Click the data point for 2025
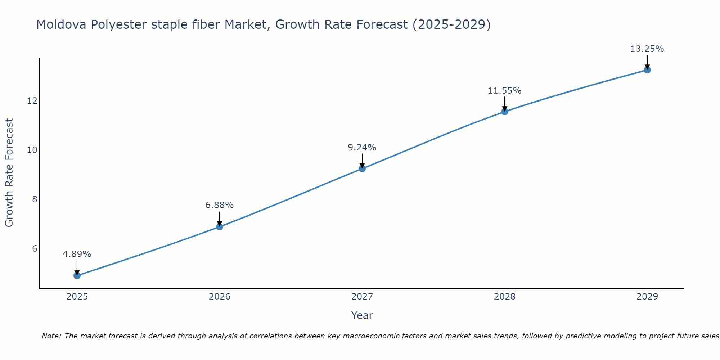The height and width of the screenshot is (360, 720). coord(77,276)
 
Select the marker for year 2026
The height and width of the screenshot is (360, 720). coord(220,227)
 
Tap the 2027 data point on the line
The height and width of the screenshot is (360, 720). coord(362,168)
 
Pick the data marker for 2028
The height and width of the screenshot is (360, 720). coord(505,112)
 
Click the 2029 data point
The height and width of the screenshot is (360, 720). coord(647,70)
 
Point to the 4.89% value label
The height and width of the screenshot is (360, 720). coord(77,254)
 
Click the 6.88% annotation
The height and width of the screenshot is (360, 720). coord(220,205)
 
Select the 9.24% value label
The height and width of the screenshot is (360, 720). coord(362,148)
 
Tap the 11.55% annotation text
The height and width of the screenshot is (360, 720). coord(505,91)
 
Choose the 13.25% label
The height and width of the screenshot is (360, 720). coord(647,49)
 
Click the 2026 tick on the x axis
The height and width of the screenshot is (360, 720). coord(220,297)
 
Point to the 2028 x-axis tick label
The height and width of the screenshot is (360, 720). coord(505,297)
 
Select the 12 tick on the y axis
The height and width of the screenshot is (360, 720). coord(32,101)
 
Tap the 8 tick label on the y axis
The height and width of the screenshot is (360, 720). coord(35,199)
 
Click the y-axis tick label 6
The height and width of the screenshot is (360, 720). coord(35,249)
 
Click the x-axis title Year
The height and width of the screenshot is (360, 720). coord(362,315)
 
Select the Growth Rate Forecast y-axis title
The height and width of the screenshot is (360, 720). coord(9,173)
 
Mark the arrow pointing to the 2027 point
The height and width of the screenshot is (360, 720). coord(362,161)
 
